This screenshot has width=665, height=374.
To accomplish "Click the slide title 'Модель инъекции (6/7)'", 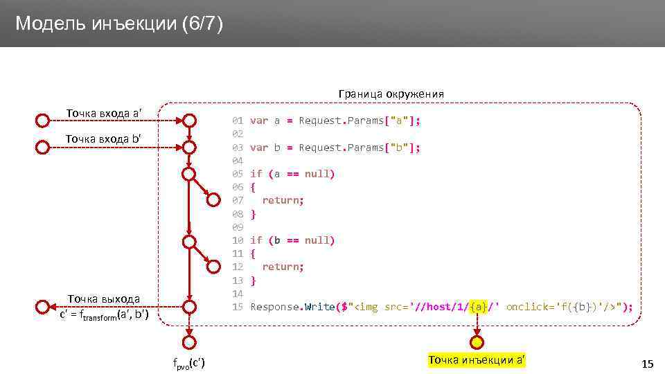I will click(119, 24).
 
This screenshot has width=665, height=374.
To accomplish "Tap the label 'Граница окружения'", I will click(391, 93).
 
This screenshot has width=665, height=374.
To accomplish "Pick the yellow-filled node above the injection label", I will click(477, 342).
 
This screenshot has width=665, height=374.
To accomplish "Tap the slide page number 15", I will click(648, 364).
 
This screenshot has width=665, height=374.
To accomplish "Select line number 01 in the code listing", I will click(238, 121).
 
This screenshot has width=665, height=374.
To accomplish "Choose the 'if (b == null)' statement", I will click(292, 240).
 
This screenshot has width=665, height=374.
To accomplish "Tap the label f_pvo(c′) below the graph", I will click(188, 364).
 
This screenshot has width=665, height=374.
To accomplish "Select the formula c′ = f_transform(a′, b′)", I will click(105, 315).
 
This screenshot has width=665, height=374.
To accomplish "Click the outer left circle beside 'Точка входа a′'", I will click(43, 121).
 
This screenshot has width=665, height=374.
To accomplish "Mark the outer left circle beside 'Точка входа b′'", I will click(43, 148).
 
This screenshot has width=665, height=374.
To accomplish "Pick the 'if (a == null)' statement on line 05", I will click(292, 174).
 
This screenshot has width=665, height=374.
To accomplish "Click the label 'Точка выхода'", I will click(103, 299).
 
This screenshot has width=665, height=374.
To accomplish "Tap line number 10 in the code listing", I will click(238, 240).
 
